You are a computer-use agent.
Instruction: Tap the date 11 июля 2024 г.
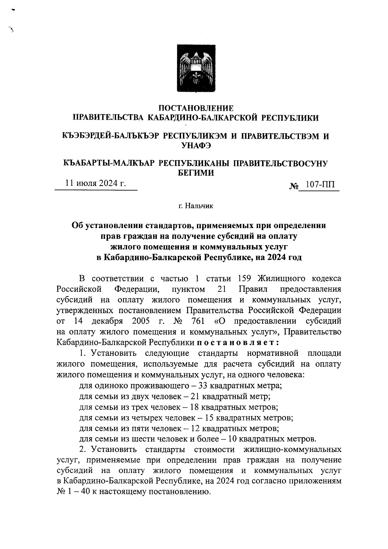pyautogui.click(x=96, y=183)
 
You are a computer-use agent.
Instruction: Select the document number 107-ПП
pyautogui.click(x=319, y=185)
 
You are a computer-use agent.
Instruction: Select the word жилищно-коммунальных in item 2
pyautogui.click(x=292, y=450)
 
